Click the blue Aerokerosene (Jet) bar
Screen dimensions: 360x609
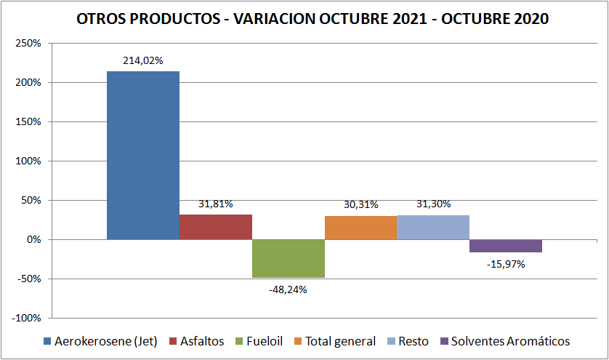coord(143,155)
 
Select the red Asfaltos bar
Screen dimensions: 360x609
coord(216,227)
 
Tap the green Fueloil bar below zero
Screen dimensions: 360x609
coord(289,258)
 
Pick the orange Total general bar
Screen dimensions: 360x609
coord(360,228)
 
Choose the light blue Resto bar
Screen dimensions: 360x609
coord(432,227)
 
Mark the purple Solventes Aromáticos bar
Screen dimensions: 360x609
coord(505,246)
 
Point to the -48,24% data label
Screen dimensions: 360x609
coord(288,289)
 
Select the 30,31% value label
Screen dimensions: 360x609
coord(360,204)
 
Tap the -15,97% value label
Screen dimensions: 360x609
coord(505,264)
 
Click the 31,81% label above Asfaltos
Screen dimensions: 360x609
coord(216,204)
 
